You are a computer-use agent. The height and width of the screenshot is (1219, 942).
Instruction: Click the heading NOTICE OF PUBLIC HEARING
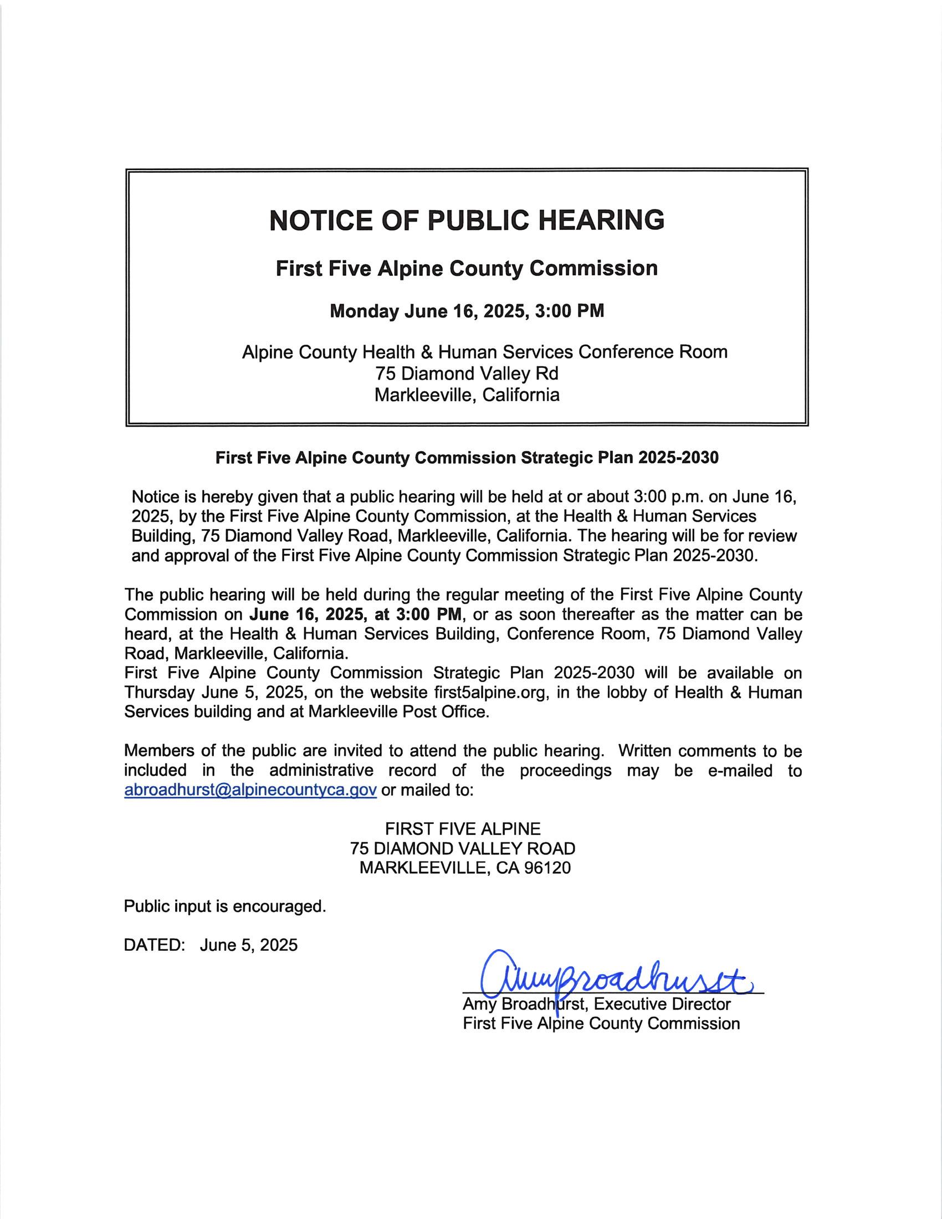pyautogui.click(x=467, y=221)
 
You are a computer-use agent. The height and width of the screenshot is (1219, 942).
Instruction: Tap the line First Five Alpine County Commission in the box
pyautogui.click(x=467, y=269)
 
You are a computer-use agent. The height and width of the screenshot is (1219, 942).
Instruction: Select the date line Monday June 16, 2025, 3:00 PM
pyautogui.click(x=467, y=311)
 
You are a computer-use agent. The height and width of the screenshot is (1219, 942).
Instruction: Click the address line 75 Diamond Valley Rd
pyautogui.click(x=467, y=373)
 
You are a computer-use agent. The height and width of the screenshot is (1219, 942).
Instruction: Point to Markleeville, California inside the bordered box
pyautogui.click(x=467, y=395)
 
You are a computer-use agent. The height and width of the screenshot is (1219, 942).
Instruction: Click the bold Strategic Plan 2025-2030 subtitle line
pyautogui.click(x=467, y=458)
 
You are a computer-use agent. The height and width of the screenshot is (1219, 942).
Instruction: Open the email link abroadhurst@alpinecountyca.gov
pyautogui.click(x=250, y=790)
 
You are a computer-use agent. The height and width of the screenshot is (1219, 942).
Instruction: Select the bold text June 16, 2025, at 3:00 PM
pyautogui.click(x=356, y=614)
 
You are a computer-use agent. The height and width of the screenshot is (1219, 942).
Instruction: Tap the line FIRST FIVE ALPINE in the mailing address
pyautogui.click(x=463, y=828)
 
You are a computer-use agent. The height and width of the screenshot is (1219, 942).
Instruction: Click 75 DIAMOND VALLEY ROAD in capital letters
pyautogui.click(x=463, y=848)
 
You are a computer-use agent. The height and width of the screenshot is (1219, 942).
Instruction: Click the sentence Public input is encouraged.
pyautogui.click(x=225, y=906)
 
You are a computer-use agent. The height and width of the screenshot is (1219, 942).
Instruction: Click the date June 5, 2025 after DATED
pyautogui.click(x=249, y=945)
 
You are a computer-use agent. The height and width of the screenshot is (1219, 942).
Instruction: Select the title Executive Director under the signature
pyautogui.click(x=662, y=1004)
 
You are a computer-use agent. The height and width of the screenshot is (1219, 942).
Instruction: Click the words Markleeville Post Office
pyautogui.click(x=398, y=712)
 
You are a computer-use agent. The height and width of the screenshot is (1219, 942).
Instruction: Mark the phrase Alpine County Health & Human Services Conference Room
pyautogui.click(x=484, y=352)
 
